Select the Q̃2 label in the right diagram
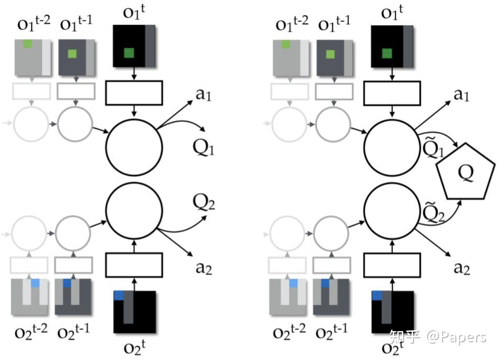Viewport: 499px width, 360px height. (x=433, y=211)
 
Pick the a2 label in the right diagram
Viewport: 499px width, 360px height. (x=462, y=268)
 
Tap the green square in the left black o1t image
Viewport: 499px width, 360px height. (x=129, y=53)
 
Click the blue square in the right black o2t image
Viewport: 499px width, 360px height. (x=376, y=295)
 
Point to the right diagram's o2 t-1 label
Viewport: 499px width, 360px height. (x=332, y=333)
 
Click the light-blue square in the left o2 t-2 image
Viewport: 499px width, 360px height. (x=35, y=283)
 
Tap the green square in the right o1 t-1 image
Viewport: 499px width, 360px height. (x=330, y=54)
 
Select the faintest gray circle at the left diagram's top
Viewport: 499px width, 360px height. (x=31, y=123)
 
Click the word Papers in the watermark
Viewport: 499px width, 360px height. (x=466, y=337)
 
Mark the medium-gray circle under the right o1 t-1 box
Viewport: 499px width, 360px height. (x=333, y=123)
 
